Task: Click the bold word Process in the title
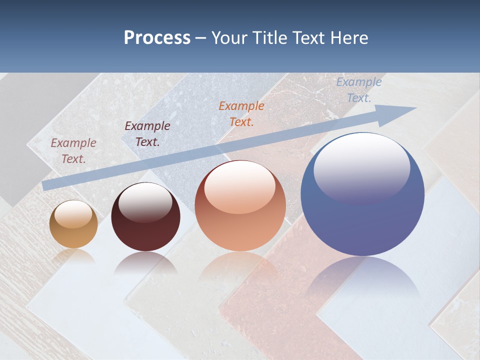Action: [x=157, y=38]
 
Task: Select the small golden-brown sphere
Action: [x=73, y=224]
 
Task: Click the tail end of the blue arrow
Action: [x=46, y=185]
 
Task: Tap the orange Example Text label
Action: [x=241, y=113]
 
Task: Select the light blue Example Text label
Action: [x=359, y=90]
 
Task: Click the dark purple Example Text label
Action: [x=147, y=134]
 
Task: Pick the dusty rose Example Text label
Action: [x=73, y=150]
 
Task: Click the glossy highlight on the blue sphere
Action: [x=361, y=167]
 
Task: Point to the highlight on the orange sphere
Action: [x=240, y=187]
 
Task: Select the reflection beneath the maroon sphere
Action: [x=145, y=262]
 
